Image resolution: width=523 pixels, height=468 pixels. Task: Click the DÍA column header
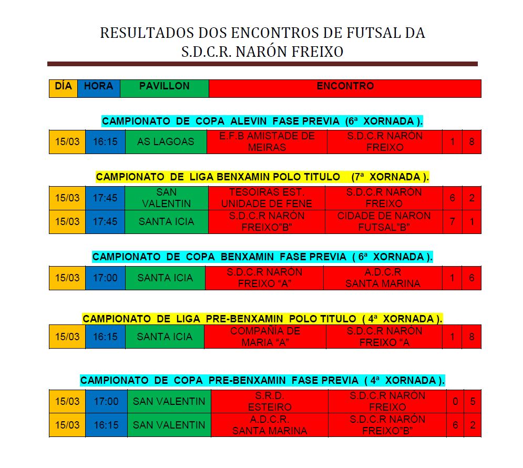click(63, 88)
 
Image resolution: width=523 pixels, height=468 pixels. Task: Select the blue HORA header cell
click(98, 88)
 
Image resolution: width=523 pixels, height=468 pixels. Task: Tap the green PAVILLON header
click(164, 88)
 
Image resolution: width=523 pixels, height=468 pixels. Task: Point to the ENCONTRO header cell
click(345, 88)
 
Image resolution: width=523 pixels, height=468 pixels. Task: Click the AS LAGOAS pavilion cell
click(166, 141)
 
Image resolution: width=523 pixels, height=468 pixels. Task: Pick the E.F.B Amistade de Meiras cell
click(266, 141)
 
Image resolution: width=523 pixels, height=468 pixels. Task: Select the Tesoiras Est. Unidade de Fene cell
click(266, 198)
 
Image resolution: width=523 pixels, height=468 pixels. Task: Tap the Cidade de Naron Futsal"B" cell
click(384, 221)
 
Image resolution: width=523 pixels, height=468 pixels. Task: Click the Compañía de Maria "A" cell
click(265, 337)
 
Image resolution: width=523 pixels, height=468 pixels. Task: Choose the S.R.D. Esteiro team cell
click(269, 401)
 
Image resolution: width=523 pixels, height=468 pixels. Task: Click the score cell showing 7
click(452, 221)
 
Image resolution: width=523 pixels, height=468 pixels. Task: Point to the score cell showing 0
click(455, 401)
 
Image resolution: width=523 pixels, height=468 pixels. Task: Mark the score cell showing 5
click(473, 401)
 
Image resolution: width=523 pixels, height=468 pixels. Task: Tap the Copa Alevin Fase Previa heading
click(262, 121)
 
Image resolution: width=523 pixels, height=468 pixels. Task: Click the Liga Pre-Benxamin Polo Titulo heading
click(262, 319)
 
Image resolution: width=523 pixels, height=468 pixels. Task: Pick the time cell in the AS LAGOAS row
click(105, 141)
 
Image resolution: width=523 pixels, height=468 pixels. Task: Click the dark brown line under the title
click(262, 64)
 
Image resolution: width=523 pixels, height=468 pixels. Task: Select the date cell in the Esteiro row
click(67, 401)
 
